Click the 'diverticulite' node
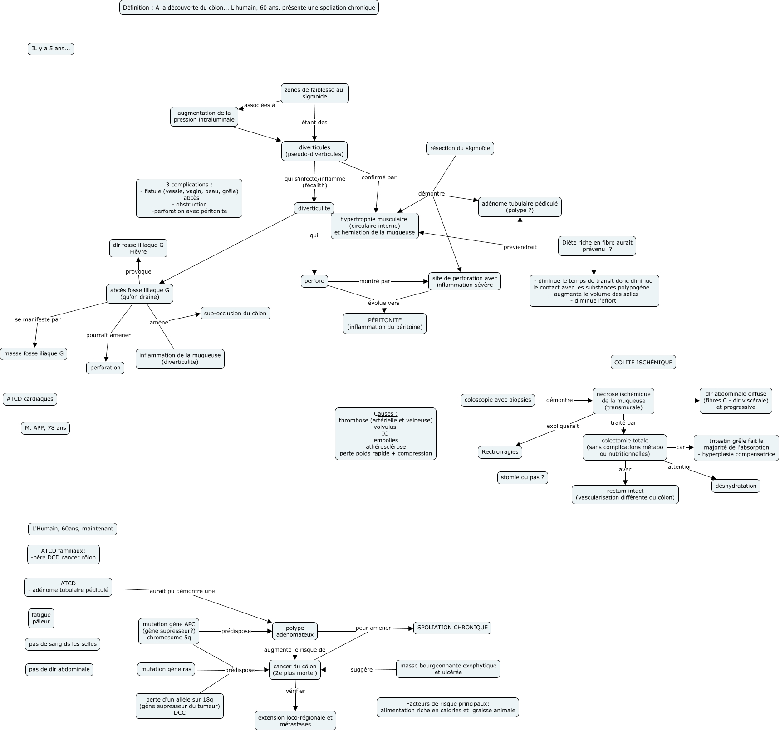(314, 208)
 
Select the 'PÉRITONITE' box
(385, 324)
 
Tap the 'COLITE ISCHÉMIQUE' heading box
(643, 362)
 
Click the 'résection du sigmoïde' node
(460, 148)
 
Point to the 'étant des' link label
(314, 122)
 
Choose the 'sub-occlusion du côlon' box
(235, 313)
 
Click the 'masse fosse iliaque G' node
(34, 353)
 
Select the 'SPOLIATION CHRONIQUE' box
(452, 628)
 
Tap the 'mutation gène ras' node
(166, 669)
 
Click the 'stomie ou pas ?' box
(522, 477)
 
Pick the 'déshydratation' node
(736, 486)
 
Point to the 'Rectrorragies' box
(500, 452)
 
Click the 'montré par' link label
(374, 281)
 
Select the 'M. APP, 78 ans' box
(45, 428)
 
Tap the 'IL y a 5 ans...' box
(51, 49)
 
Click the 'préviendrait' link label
(520, 247)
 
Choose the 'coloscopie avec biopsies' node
(497, 400)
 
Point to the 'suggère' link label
(361, 670)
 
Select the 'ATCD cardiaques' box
(30, 399)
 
